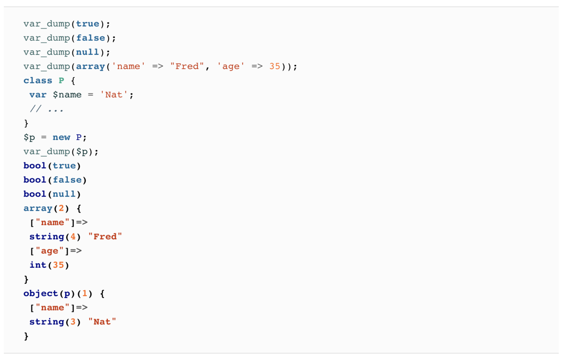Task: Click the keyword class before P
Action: tap(37, 80)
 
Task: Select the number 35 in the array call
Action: tap(275, 66)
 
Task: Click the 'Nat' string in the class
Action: tap(114, 95)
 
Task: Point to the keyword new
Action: tap(61, 137)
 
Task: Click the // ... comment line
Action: tap(47, 109)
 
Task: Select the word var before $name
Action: tap(38, 95)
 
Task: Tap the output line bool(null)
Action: tap(52, 194)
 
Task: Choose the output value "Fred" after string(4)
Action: tap(105, 237)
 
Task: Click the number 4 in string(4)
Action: tap(73, 237)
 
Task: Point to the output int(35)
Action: tap(49, 265)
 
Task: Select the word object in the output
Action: tap(40, 293)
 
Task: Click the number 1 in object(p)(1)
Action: tap(85, 293)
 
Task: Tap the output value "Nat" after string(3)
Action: tap(102, 322)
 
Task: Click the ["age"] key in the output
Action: tap(49, 251)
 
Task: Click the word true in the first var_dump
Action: tap(88, 24)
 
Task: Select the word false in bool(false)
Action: tap(67, 180)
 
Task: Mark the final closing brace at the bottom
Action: tap(27, 336)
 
